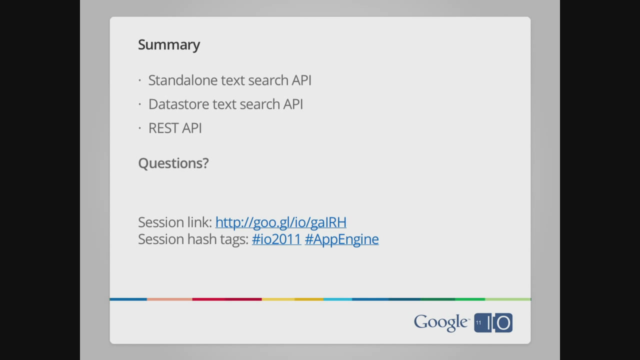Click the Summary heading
point(169,45)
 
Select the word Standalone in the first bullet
point(183,80)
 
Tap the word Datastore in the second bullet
point(178,104)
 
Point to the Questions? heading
point(173,163)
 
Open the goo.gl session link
point(281,222)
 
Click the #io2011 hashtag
point(276,239)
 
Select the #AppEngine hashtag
point(341,239)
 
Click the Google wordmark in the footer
point(441,322)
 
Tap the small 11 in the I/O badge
point(478,322)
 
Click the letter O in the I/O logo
point(503,323)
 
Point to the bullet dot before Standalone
point(139,80)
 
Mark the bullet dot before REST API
point(139,128)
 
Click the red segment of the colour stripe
point(227,299)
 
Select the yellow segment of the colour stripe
point(292,299)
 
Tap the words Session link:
point(175,222)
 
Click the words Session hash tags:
point(193,239)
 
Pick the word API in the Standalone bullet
point(301,80)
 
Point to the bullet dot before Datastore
point(139,104)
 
